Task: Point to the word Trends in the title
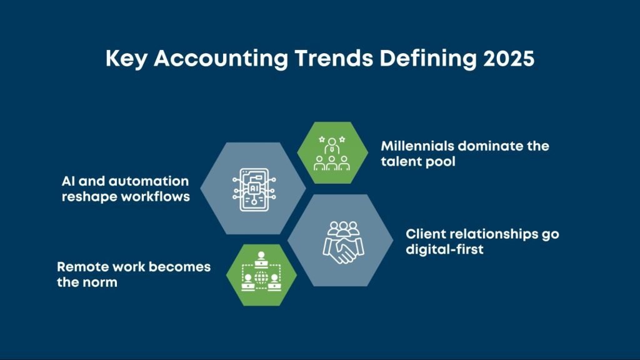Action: pos(334,58)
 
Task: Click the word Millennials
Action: pos(417,146)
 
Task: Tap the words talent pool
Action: pos(418,161)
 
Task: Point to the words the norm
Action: pos(87,282)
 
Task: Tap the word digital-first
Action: pos(444,249)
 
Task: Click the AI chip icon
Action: pos(254,189)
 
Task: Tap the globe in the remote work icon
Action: pos(261,278)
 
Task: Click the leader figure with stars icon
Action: pos(332,153)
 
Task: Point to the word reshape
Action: pos(89,197)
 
